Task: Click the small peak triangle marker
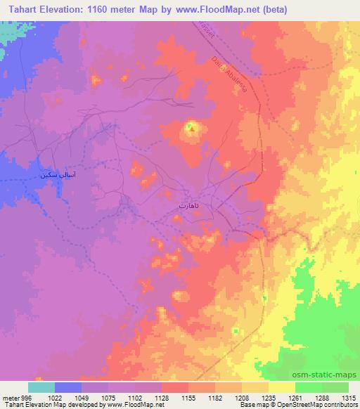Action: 190,128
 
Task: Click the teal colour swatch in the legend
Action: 41,387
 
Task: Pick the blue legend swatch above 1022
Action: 68,387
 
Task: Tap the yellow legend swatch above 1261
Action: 282,387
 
